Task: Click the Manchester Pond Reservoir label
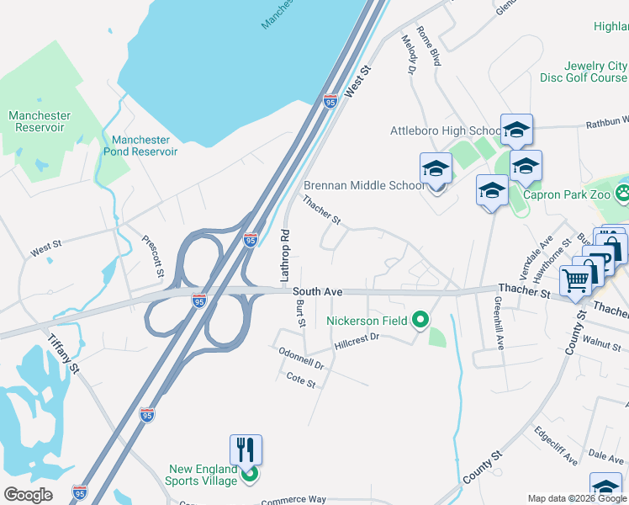point(140,146)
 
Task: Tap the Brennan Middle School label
point(364,185)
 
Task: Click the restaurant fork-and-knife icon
point(246,449)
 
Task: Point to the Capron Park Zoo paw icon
point(621,194)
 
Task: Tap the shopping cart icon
point(576,279)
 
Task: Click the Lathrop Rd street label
point(284,255)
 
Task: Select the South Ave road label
point(318,291)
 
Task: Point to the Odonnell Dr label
point(302,360)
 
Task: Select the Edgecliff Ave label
point(556,445)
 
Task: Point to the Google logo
point(28,495)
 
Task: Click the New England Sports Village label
point(196,475)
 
